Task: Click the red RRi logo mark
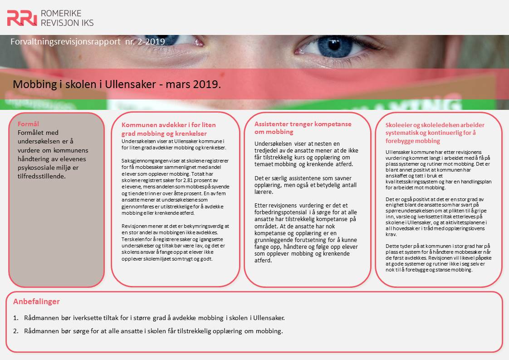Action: pyautogui.click(x=22, y=18)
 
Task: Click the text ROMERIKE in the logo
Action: pyautogui.click(x=61, y=13)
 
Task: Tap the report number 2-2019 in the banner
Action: pyautogui.click(x=151, y=42)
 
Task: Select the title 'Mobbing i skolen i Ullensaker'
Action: pyautogui.click(x=84, y=84)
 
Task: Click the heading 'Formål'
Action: pyautogui.click(x=28, y=124)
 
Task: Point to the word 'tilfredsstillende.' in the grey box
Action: pyautogui.click(x=42, y=176)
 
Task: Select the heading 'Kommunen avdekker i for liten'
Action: pyautogui.click(x=168, y=125)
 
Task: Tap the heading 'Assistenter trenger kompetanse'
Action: pyautogui.click(x=303, y=124)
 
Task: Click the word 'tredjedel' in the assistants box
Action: pyautogui.click(x=266, y=150)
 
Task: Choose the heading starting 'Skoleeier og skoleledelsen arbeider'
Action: pyautogui.click(x=435, y=125)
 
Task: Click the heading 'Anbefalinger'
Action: pyautogui.click(x=36, y=301)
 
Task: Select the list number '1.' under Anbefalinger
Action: pyautogui.click(x=16, y=318)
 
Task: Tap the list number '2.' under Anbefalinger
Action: pyautogui.click(x=16, y=331)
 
